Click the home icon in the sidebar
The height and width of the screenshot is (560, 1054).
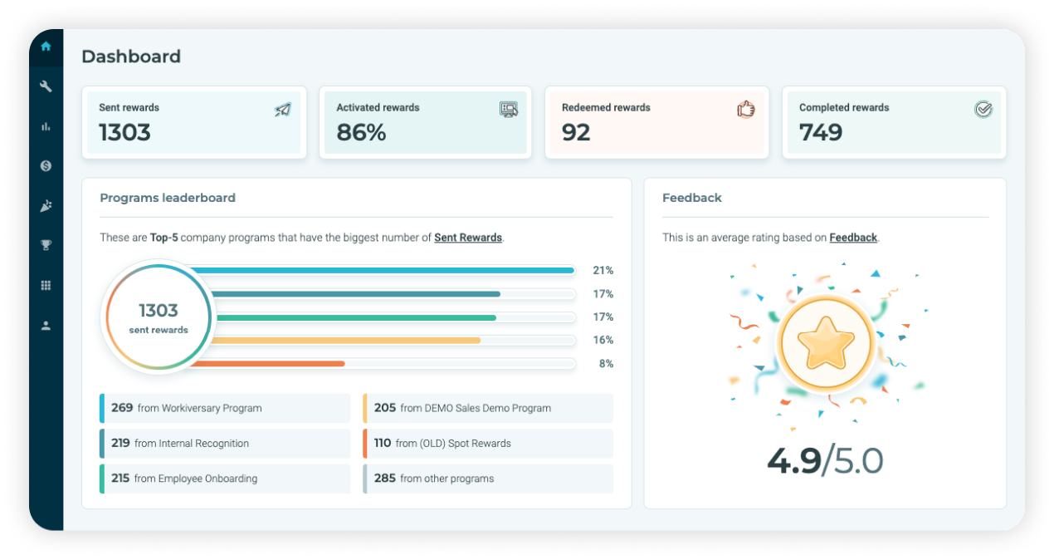(46, 47)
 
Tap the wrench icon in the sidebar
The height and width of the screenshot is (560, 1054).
(46, 86)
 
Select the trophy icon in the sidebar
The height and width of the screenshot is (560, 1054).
(46, 245)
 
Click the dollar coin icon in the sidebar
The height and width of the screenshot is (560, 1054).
(46, 166)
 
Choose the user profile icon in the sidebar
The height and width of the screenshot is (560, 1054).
(46, 326)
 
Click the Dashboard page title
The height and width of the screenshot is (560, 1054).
(131, 56)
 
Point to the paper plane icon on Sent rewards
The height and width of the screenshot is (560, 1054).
(283, 109)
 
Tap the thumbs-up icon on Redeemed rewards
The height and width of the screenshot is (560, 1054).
(746, 109)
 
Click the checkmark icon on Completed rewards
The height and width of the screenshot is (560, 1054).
(983, 109)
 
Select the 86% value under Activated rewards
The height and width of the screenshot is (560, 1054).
(361, 132)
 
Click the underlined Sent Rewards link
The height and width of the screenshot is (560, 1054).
(468, 238)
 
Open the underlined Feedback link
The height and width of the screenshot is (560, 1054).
(853, 238)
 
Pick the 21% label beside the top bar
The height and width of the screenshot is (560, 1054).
(603, 270)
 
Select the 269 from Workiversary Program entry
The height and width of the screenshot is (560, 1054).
(225, 408)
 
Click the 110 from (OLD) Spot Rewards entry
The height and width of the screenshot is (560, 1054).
(488, 443)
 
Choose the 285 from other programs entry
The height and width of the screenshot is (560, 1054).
(488, 479)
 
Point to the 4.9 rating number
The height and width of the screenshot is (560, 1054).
(793, 460)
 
